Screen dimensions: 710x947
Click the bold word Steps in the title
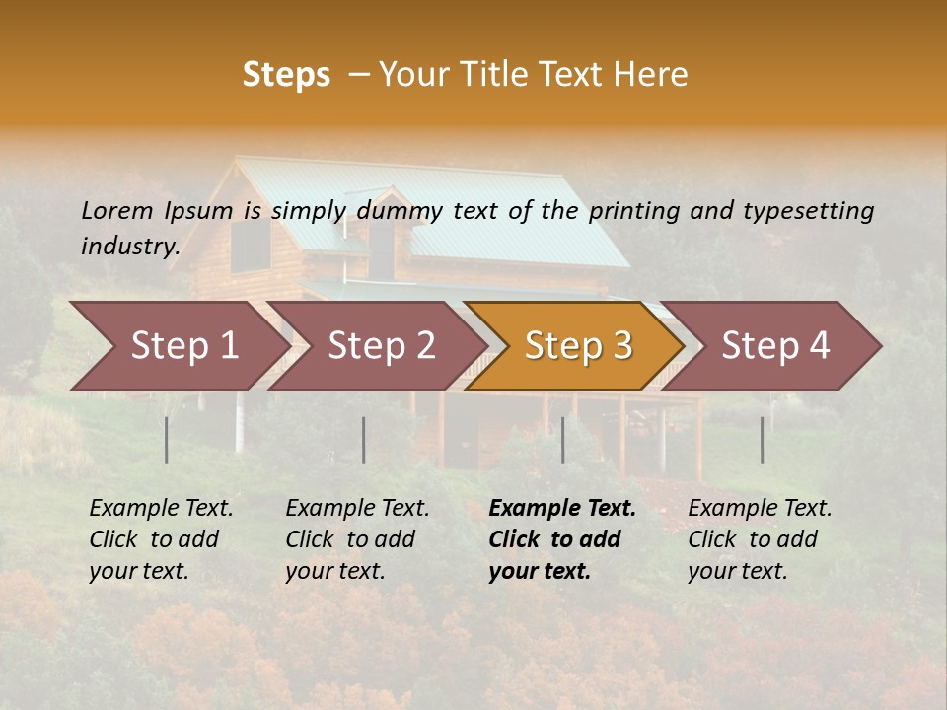(286, 74)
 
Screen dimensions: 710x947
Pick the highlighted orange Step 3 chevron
(578, 346)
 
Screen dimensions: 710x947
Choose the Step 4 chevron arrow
(775, 346)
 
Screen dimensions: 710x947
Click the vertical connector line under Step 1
(167, 440)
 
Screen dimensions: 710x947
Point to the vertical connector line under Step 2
(364, 440)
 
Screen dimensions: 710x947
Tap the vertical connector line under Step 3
(562, 440)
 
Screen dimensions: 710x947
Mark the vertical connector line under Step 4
(762, 440)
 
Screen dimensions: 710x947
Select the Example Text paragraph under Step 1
(161, 539)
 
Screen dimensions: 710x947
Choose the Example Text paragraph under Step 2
(357, 539)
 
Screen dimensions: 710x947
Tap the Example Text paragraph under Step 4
(760, 539)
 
